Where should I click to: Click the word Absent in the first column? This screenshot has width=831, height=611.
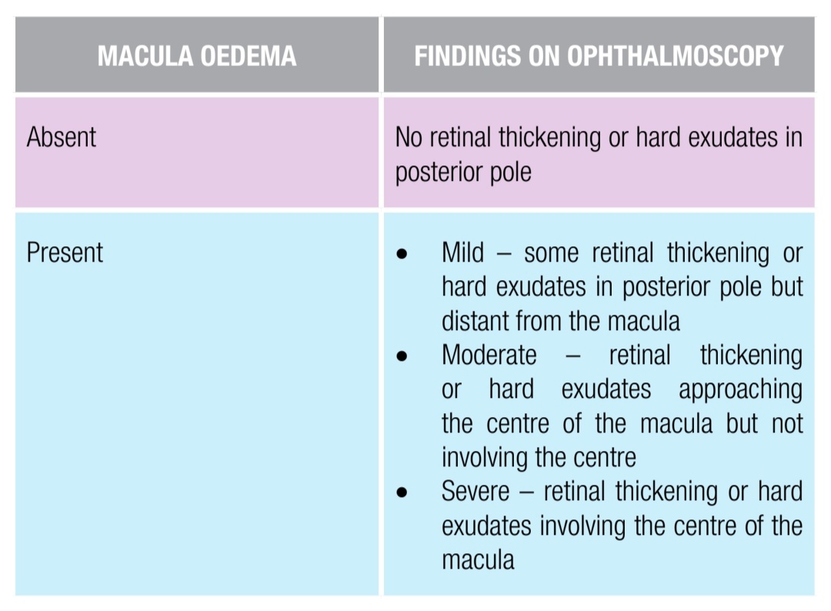62,138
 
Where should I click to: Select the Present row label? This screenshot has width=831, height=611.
65,253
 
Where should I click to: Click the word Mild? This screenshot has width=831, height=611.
463,252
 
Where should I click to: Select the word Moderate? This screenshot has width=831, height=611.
489,355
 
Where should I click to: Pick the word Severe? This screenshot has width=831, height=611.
476,491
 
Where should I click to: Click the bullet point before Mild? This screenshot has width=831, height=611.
402,254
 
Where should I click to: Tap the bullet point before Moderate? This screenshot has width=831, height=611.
402,356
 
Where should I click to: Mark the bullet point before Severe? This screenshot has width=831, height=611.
402,492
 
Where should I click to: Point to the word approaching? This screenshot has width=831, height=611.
740,389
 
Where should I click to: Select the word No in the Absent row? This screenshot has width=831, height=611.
409,138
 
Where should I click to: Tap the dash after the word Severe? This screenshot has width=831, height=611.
526,492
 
